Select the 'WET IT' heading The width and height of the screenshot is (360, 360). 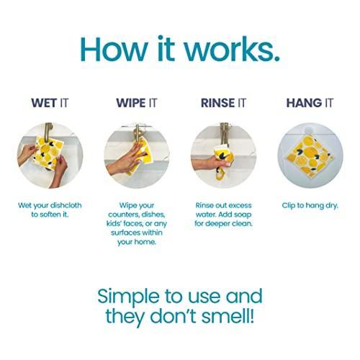tap(50, 103)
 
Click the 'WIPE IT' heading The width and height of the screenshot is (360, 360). tap(137, 103)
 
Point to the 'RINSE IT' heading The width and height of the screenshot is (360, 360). tap(223, 103)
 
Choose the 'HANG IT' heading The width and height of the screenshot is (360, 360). tap(310, 103)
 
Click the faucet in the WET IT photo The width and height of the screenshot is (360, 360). tap(48, 131)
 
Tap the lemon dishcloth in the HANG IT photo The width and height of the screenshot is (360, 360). tap(310, 157)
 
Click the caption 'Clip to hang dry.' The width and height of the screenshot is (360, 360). tap(310, 206)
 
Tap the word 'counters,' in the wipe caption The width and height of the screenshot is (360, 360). tap(124, 215)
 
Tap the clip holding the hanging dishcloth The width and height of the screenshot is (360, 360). tap(309, 131)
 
